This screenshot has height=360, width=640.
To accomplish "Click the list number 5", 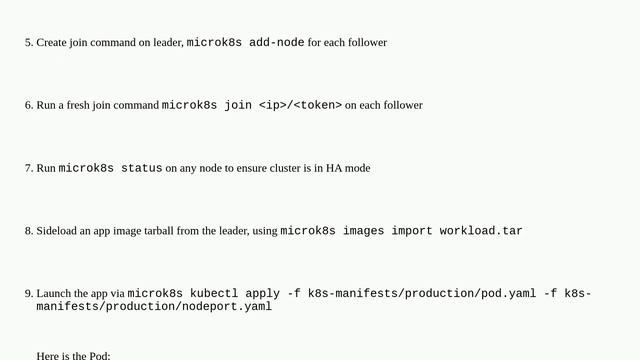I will [28, 43].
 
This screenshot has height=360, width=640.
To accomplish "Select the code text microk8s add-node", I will [245, 43].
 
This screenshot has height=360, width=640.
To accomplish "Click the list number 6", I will [28, 105].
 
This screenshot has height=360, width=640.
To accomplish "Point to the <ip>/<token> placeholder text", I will [300, 105].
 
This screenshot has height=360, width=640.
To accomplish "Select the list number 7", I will [28, 168].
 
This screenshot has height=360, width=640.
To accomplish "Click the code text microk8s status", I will [110, 168].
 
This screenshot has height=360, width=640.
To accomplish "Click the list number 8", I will [28, 231].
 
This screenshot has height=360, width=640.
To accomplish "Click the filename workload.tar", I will [478, 231].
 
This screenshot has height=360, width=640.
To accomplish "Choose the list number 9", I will [28, 294].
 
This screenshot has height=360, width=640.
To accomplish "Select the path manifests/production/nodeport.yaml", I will [154, 307].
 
